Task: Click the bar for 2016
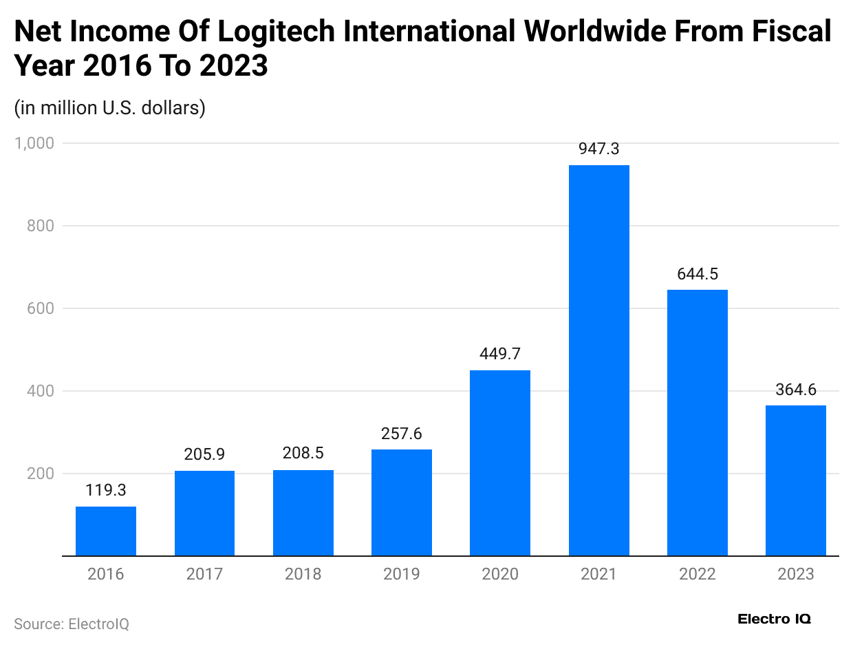click(106, 531)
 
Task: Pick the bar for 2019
click(402, 502)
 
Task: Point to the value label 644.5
click(698, 274)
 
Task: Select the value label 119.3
click(106, 491)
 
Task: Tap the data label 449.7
click(500, 354)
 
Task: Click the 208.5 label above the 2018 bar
click(303, 454)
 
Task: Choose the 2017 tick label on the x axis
click(204, 574)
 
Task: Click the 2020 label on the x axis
click(500, 574)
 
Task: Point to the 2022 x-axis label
click(698, 574)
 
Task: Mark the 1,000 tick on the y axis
click(34, 143)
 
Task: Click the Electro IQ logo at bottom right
click(774, 619)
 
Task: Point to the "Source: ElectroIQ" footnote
click(72, 624)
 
